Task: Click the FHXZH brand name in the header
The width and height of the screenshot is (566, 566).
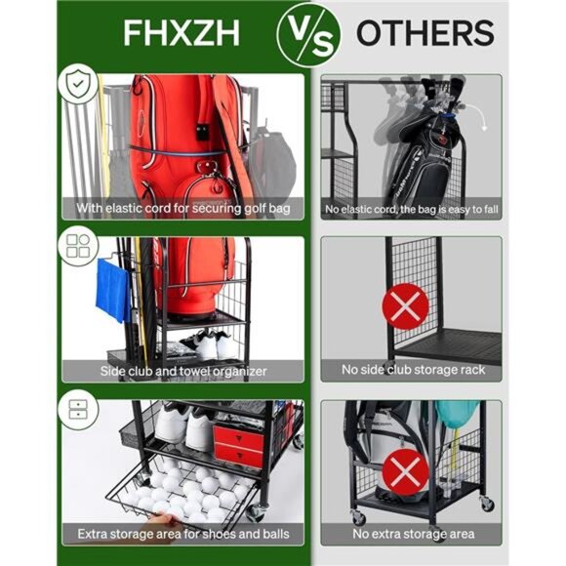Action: pos(182,32)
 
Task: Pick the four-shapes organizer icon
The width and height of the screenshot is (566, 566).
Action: pos(76,247)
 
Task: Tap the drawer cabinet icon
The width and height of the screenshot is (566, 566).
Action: pos(76,411)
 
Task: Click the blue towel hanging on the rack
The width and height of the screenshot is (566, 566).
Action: pos(112,290)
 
